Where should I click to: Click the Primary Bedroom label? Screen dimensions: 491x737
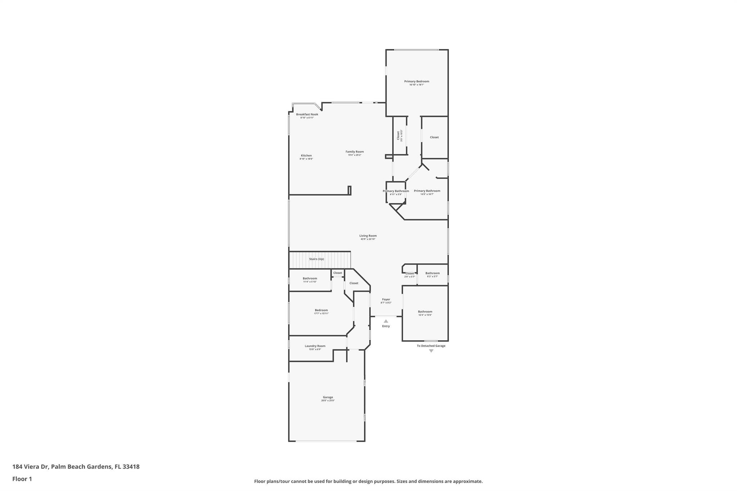point(416,81)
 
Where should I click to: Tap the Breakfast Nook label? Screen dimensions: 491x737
point(307,114)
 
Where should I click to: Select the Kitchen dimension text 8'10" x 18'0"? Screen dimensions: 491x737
point(306,159)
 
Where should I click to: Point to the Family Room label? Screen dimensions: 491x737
point(354,152)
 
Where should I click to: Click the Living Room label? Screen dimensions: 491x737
point(368,236)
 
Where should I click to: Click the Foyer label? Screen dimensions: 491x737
point(386,299)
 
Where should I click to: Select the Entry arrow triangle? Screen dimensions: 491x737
point(386,321)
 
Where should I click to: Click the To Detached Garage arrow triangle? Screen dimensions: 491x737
point(431,351)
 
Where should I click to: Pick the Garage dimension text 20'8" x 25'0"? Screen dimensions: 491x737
point(328,400)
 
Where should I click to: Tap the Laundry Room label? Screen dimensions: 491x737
point(315,346)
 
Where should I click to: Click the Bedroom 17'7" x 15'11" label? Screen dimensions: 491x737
point(321,310)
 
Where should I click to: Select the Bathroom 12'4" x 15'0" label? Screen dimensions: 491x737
point(425,312)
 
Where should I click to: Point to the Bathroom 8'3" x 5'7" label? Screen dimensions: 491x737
point(432,273)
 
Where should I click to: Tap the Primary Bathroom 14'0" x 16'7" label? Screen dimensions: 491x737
point(427,191)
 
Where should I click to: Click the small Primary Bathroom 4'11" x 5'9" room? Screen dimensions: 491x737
point(395,192)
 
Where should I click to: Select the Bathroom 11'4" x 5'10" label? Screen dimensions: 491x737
point(309,278)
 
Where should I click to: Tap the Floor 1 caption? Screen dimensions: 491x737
point(22,479)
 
